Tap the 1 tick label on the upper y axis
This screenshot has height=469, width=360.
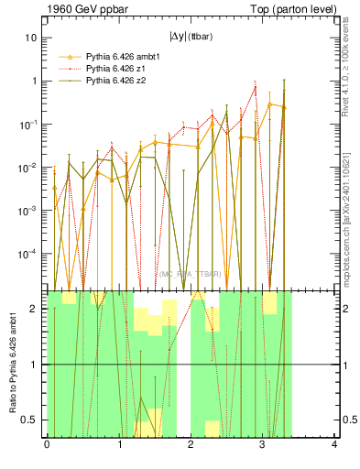tap(34, 81)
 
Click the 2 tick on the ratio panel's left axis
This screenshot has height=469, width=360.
tap(35, 309)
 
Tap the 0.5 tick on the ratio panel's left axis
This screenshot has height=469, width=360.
tap(31, 420)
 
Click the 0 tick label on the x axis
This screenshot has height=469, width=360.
tap(47, 445)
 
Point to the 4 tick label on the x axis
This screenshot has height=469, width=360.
tap(334, 445)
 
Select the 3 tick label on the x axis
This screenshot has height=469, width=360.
tap(263, 445)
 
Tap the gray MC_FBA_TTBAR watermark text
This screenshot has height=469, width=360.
tap(191, 273)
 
